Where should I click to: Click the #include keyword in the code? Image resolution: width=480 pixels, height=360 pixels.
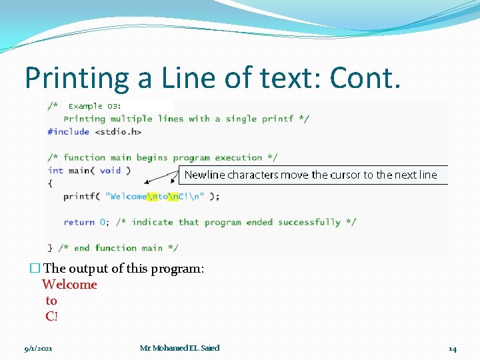pos(68,131)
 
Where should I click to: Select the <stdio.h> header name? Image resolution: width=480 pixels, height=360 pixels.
pos(118,131)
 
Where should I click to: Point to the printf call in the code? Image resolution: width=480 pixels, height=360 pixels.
pos(78,196)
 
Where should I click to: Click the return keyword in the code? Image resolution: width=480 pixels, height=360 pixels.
pos(79,222)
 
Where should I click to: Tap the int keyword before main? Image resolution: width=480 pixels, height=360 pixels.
pos(55,170)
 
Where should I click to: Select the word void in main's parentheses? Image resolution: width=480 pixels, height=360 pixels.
pos(110,170)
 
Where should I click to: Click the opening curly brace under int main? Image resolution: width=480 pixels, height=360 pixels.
pos(50,183)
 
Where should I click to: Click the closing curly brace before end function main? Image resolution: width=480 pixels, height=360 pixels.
pos(50,248)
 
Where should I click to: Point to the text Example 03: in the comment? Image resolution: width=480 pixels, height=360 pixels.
pos(95,106)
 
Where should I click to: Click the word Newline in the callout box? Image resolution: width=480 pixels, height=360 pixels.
pos(205,175)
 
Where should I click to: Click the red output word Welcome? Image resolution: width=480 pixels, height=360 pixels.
pos(69,285)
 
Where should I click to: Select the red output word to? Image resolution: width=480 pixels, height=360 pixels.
pos(51,301)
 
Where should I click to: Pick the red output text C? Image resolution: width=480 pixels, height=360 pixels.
pos(51,317)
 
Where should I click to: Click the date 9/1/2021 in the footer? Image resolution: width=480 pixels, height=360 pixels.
pos(38,348)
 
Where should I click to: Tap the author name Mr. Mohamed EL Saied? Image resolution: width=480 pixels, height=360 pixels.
pos(179,348)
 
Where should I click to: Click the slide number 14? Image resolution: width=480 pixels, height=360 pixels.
pos(452,348)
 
